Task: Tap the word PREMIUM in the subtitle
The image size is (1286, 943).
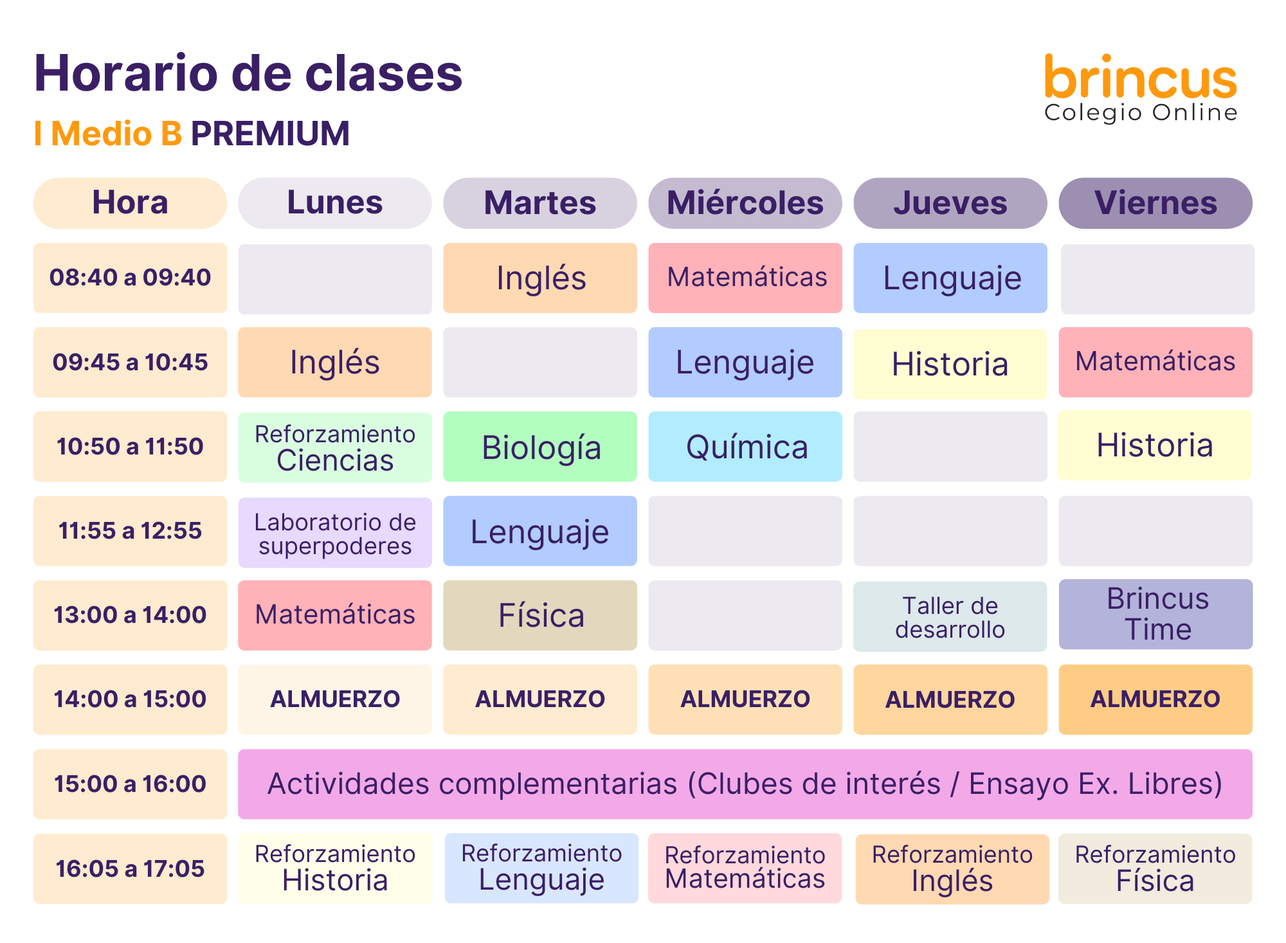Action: click(x=271, y=134)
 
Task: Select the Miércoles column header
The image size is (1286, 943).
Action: click(x=745, y=203)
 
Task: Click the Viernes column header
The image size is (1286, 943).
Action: click(x=1155, y=203)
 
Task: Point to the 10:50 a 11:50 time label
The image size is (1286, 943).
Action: click(x=130, y=446)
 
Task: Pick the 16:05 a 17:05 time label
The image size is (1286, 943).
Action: click(x=130, y=868)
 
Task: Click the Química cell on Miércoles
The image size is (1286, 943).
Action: click(x=745, y=446)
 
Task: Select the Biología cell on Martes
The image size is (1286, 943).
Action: click(x=540, y=446)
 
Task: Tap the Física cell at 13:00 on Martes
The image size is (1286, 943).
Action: click(x=540, y=615)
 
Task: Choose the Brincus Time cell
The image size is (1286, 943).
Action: click(x=1155, y=614)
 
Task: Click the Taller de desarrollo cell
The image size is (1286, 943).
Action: click(x=950, y=616)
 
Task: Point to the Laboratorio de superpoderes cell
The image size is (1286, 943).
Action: click(x=335, y=533)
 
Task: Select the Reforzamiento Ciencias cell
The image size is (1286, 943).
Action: click(x=335, y=447)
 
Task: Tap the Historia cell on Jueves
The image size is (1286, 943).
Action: click(x=950, y=364)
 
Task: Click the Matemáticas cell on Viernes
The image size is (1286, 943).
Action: click(x=1155, y=362)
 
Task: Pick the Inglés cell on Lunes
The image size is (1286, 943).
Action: click(x=335, y=362)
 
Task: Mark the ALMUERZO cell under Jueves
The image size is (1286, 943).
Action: click(x=950, y=699)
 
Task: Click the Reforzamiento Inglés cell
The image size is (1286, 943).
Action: click(x=952, y=869)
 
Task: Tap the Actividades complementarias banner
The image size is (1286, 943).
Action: click(x=745, y=784)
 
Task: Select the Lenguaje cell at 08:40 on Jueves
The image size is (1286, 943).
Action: click(x=950, y=278)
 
